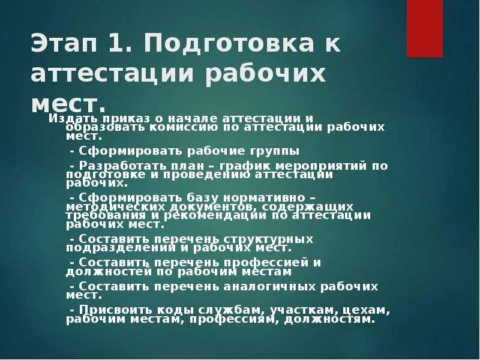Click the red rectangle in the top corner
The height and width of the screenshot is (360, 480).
coord(424,28)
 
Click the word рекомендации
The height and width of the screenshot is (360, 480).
coord(202,215)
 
